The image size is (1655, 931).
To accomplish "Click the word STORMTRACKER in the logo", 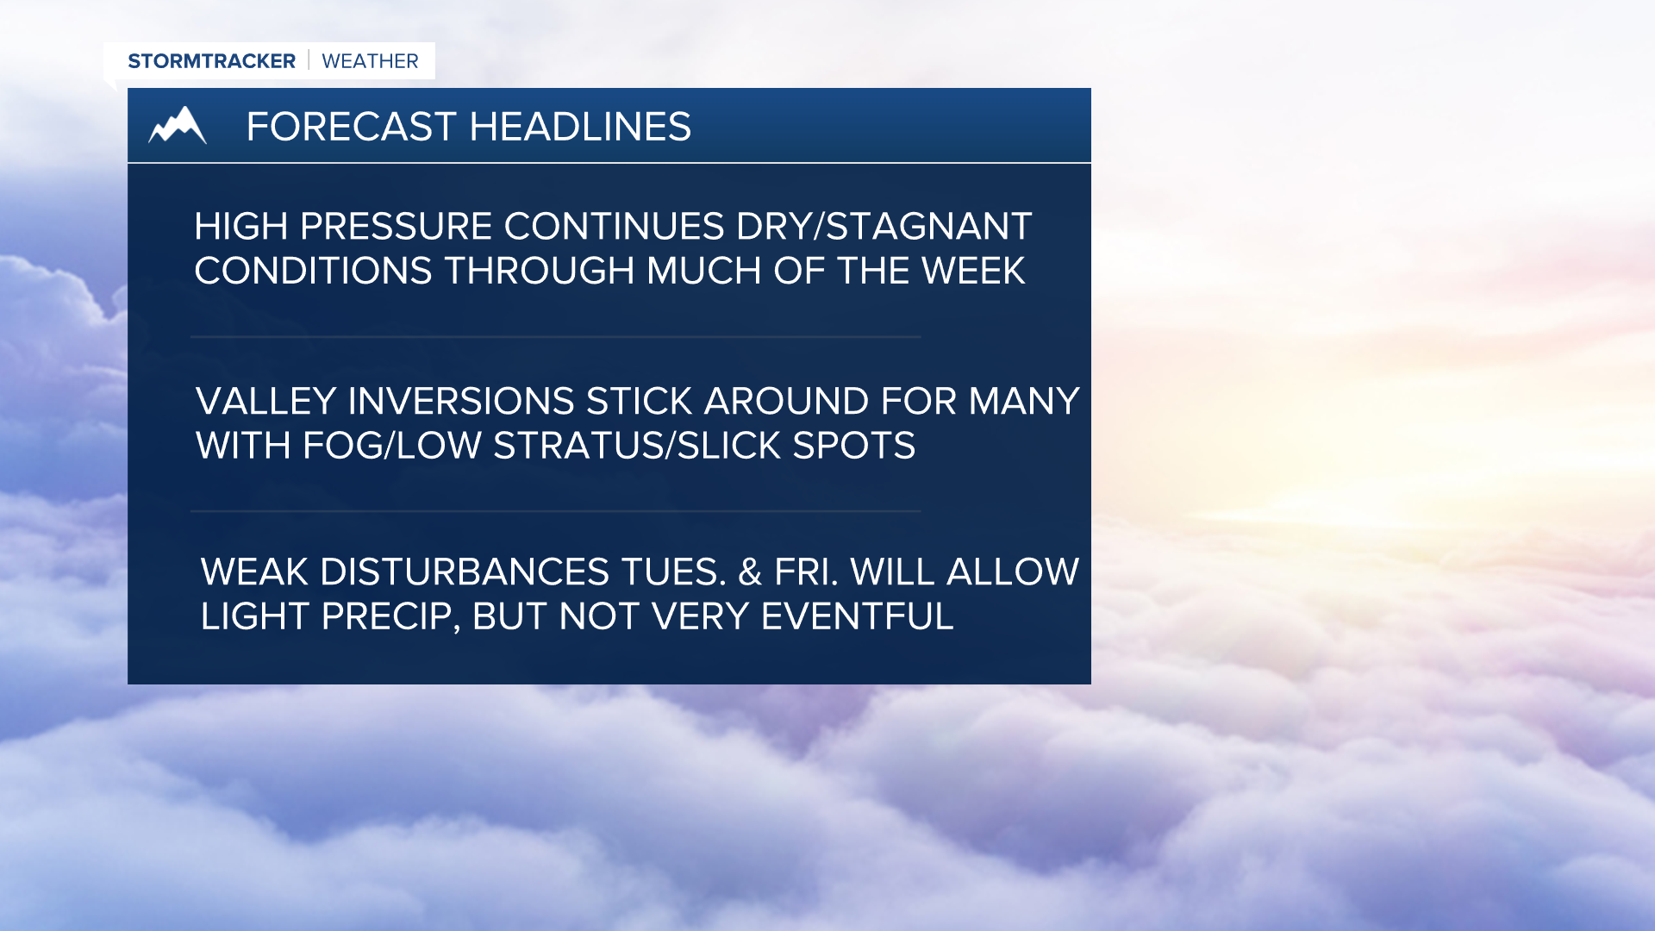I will pos(211,61).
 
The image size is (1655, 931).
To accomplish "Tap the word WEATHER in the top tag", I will pos(370,61).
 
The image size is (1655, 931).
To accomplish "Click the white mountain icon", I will pos(178,126).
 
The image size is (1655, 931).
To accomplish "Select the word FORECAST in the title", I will pos(351,127).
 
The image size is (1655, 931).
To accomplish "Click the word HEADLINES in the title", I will pos(580,127).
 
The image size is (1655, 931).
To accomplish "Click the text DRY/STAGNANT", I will pos(884,227).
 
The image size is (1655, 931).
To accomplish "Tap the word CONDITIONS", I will pos(313,272).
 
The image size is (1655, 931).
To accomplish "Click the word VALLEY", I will pos(265,402).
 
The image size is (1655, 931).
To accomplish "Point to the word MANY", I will pos(1023,402).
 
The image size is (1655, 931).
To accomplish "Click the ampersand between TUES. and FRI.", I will pos(750,572).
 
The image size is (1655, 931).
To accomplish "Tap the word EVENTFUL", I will pos(857,617).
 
